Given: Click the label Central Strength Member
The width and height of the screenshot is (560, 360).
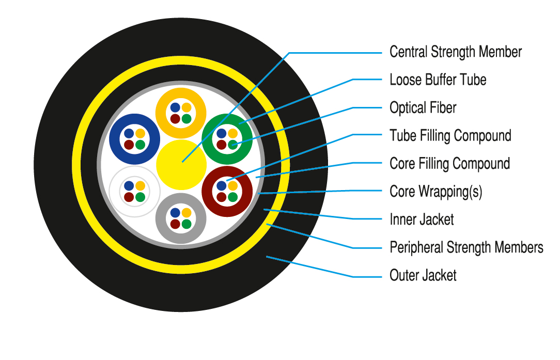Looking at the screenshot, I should pyautogui.click(x=455, y=52).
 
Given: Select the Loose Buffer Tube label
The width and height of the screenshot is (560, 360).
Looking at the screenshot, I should pyautogui.click(x=438, y=80).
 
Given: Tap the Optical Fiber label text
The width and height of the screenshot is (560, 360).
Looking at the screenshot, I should pyautogui.click(x=423, y=108).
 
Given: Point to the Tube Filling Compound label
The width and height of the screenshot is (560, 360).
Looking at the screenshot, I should pyautogui.click(x=450, y=136).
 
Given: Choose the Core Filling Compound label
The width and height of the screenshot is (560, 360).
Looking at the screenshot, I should pyautogui.click(x=449, y=164).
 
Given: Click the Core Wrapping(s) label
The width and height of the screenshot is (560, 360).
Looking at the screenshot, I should pyautogui.click(x=435, y=192).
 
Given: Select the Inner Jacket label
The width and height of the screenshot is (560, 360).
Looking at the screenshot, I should pyautogui.click(x=422, y=220).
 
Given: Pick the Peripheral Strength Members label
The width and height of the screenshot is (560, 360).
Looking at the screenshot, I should pyautogui.click(x=466, y=247).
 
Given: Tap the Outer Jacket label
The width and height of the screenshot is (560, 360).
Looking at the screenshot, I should pyautogui.click(x=423, y=275).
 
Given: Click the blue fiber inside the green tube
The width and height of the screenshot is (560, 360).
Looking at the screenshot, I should pyautogui.click(x=222, y=134).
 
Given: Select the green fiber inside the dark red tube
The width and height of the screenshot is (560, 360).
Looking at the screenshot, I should pyautogui.click(x=232, y=197).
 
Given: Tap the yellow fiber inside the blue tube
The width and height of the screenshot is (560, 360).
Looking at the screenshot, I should pyautogui.click(x=140, y=134).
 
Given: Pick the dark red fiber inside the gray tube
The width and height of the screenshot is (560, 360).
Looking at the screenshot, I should pyautogui.click(x=175, y=224).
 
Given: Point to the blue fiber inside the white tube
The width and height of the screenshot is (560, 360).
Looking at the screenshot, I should pyautogui.click(x=129, y=185).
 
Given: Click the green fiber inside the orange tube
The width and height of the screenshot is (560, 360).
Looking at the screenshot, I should pyautogui.click(x=186, y=119).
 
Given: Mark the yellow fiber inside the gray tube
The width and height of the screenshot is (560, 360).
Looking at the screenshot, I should pyautogui.click(x=186, y=213).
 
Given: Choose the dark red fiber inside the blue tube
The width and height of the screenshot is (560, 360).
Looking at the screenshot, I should pyautogui.click(x=129, y=145).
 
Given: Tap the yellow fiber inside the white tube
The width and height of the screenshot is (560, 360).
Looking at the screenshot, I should pyautogui.click(x=140, y=185).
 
